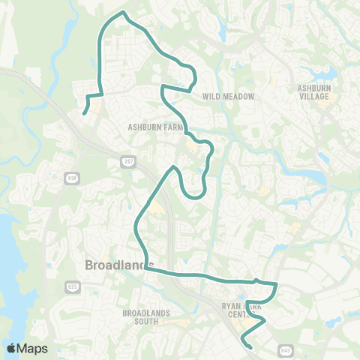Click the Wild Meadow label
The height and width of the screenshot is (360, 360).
pos(229,97)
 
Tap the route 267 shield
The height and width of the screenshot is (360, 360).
pos(129,162)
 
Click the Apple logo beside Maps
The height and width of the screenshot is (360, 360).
pos(11,348)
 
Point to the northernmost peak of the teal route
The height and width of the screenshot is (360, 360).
pos(124,13)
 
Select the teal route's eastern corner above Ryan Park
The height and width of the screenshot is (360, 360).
pos(277,284)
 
